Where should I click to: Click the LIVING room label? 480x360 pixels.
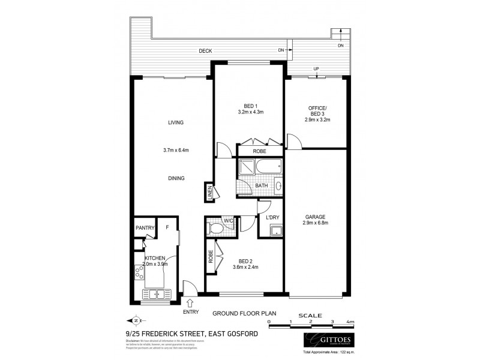coord(176,122)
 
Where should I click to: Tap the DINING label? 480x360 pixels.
coord(176,178)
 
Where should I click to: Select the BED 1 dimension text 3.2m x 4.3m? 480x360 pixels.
coord(251,112)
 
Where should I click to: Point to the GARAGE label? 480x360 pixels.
coord(316,217)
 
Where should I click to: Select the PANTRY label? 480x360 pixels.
coord(145,228)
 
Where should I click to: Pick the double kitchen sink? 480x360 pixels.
coord(157,294)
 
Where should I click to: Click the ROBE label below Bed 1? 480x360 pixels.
coord(259,151)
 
